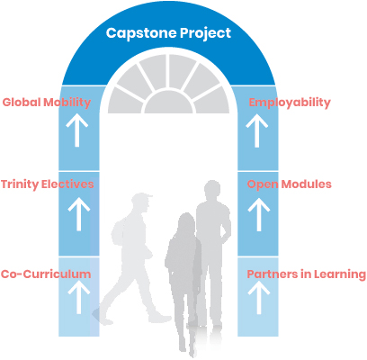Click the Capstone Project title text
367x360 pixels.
tap(168, 33)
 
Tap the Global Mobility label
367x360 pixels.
tap(47, 103)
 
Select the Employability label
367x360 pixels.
tap(290, 103)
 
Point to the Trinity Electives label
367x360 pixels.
tap(48, 184)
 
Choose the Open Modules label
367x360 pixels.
tap(290, 184)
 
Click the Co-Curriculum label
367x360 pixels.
tap(46, 274)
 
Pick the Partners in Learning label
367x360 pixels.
tap(307, 274)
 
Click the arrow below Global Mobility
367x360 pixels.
tap(77, 130)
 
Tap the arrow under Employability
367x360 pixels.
tap(257, 130)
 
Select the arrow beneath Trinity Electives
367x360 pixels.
tap(79, 214)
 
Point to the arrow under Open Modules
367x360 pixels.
tap(259, 214)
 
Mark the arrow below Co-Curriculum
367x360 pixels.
tap(79, 297)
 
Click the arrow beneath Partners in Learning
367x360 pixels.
tap(259, 297)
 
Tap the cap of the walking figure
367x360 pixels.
tap(141, 197)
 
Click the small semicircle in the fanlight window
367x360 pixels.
tap(168, 102)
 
